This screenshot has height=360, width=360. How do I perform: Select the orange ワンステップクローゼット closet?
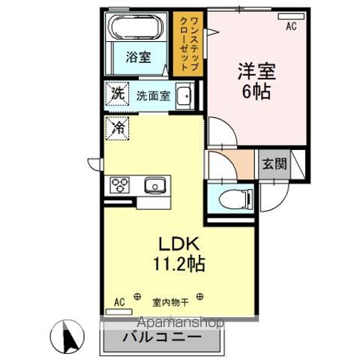[184, 43]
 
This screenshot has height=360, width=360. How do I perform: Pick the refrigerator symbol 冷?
[118, 127]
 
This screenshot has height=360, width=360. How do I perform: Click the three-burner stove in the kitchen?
[120, 184]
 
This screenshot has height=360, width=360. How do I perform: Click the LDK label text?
[177, 244]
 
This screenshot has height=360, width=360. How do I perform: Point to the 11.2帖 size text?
[177, 264]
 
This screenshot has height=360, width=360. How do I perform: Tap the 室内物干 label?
[169, 303]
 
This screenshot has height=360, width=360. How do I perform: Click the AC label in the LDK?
[118, 303]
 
